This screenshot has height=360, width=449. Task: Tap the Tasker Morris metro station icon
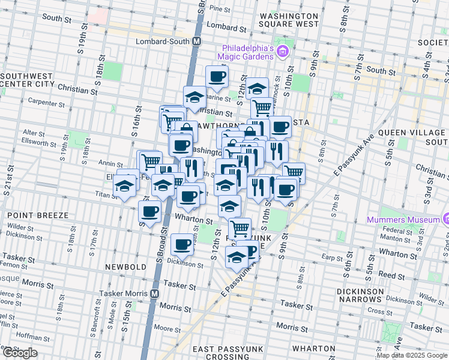click(x=154, y=294)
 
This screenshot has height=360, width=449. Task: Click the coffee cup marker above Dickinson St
click(x=182, y=244)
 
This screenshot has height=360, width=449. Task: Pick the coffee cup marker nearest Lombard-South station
click(x=217, y=76)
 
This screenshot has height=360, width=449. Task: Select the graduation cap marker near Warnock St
click(x=257, y=89)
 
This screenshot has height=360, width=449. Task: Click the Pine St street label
click(x=220, y=10)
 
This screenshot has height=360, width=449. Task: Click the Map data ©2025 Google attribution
click(x=412, y=356)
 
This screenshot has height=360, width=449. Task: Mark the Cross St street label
click(x=379, y=311)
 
